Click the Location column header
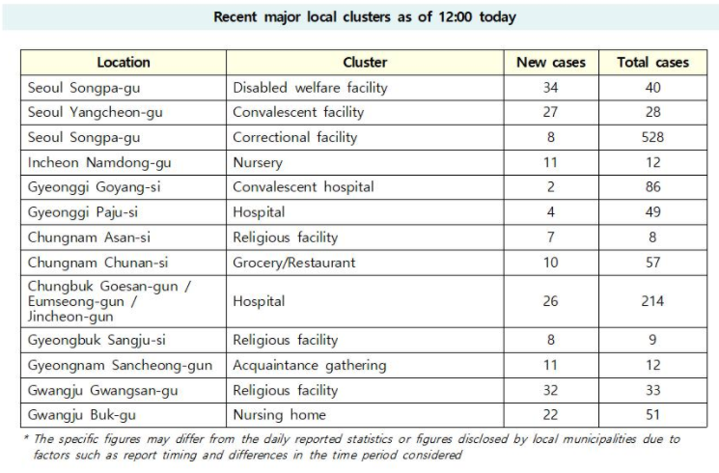point(124,63)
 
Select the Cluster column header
point(365,63)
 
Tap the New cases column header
point(551,63)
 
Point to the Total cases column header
point(652,63)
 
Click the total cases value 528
point(652,137)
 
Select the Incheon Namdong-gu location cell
point(99,162)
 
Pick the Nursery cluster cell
point(258,162)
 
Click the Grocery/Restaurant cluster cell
point(294,263)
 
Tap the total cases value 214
point(652,301)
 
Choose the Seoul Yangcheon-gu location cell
point(95,112)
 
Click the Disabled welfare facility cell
point(310,88)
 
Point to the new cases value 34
point(551,88)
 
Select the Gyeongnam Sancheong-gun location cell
point(120,365)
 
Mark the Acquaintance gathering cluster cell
point(310,365)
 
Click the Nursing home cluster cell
point(279,415)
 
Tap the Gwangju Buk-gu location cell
point(82,415)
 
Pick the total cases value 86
point(652,186)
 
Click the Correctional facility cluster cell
point(295,137)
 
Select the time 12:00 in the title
point(455,17)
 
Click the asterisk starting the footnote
point(26,436)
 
